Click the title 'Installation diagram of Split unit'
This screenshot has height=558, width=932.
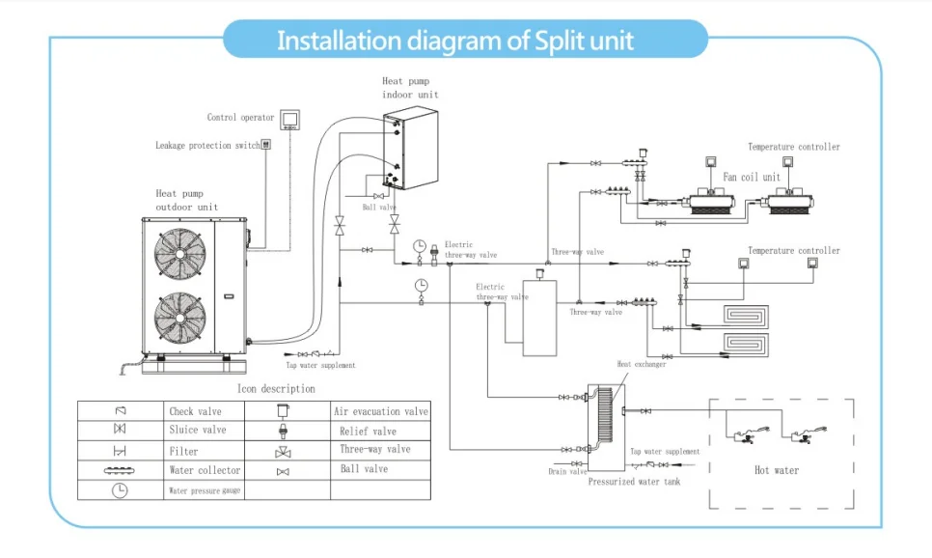455,42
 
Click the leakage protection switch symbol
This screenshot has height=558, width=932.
266,145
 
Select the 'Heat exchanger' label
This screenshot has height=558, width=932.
642,364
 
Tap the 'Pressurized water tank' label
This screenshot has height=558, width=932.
634,481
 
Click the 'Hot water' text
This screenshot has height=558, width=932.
777,470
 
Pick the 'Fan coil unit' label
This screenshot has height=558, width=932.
753,177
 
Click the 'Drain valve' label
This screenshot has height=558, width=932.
566,471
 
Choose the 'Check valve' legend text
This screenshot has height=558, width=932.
196,411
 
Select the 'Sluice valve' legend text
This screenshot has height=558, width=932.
198,430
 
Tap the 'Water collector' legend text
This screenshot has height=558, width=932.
205,470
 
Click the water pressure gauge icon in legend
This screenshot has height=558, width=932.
120,489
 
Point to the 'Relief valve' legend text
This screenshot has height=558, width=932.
369,432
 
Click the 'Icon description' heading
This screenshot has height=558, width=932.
276,388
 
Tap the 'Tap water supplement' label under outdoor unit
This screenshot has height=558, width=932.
320,365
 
